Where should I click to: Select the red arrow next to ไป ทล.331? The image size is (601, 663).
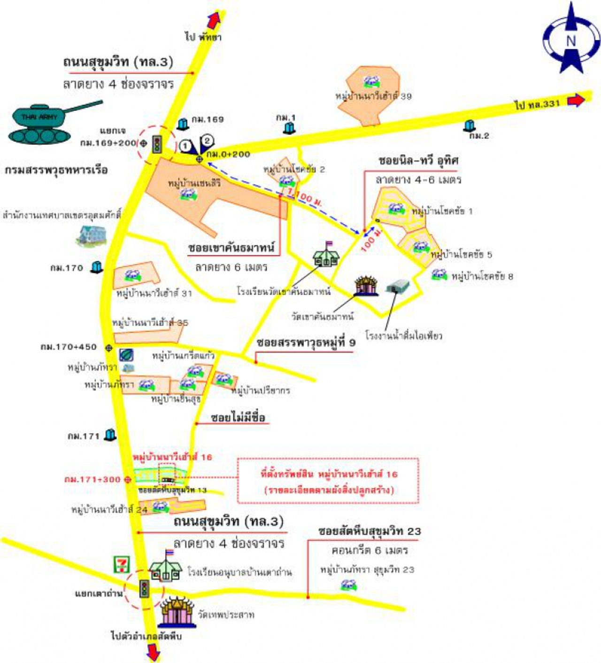tap(576, 100)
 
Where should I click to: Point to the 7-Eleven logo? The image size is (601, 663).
tap(122, 564)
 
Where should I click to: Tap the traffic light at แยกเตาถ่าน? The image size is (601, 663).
tap(145, 588)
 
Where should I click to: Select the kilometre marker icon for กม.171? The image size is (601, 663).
tap(110, 435)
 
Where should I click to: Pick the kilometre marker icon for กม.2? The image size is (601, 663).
tap(469, 125)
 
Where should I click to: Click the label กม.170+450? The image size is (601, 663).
tap(69, 347)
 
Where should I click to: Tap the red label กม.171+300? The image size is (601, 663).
tap(92, 479)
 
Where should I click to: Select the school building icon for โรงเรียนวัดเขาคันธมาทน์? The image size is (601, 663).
tap(326, 255)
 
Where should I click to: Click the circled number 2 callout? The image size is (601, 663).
tap(208, 140)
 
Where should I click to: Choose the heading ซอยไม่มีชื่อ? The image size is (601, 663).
tap(238, 417)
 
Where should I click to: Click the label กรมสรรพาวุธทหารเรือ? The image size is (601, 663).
tap(56, 170)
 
